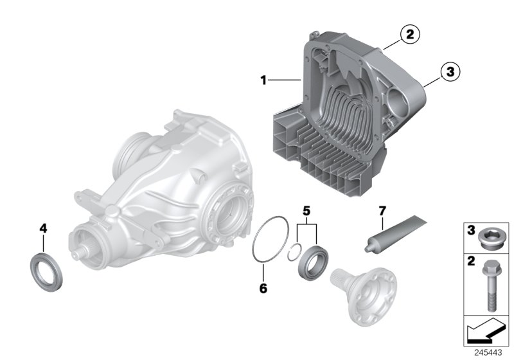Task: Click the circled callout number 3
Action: [450, 72]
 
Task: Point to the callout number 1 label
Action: [263, 80]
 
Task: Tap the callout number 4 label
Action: [43, 228]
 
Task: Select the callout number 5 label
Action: [306, 210]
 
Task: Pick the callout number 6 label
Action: [262, 289]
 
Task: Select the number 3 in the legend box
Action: [470, 230]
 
